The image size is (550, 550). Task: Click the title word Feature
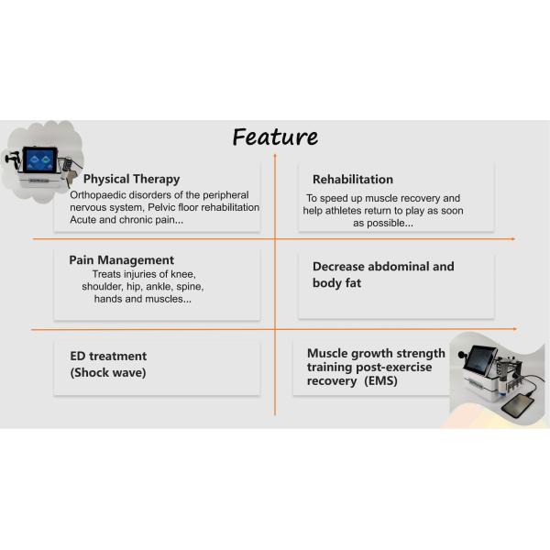[x=275, y=137]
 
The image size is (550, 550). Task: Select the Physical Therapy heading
[x=131, y=179]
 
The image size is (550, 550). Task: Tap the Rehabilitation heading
[x=353, y=180]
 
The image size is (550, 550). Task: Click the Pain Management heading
[x=121, y=260]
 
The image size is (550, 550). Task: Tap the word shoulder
[x=103, y=287]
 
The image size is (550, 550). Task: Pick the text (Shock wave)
[x=108, y=372]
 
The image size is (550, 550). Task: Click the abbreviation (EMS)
[x=380, y=381]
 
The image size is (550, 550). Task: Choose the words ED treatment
[x=108, y=356]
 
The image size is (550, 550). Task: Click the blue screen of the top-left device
[x=40, y=159]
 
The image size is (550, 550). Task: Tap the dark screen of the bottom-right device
[x=479, y=359]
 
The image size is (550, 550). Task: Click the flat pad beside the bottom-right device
[x=517, y=406]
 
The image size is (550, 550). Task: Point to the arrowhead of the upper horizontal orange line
[x=512, y=239]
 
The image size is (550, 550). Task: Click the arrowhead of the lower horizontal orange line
[x=514, y=329]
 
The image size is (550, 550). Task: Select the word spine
[x=190, y=287]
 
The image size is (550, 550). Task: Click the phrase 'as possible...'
[x=383, y=223]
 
